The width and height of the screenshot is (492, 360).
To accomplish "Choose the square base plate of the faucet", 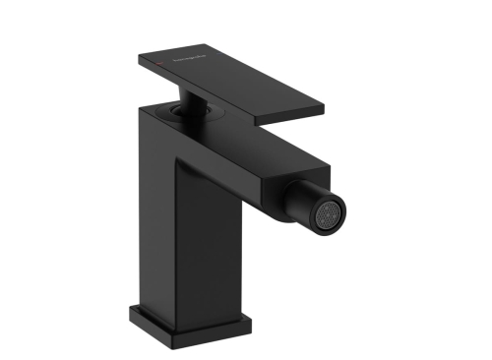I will [183, 324].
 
